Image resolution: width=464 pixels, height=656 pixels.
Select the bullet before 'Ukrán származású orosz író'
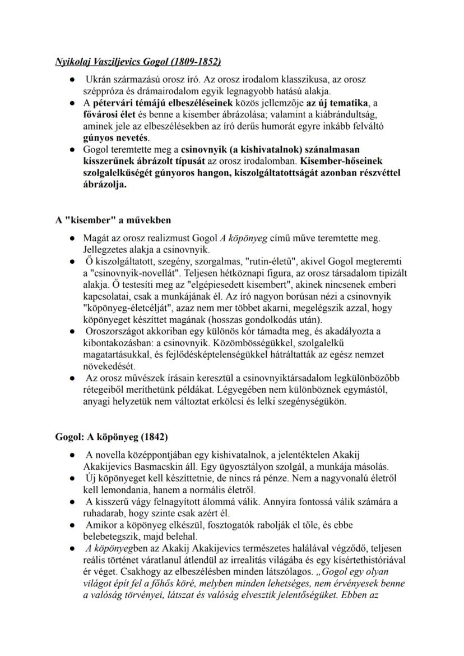(x=73, y=80)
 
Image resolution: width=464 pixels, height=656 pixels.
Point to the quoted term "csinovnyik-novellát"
(x=128, y=273)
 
